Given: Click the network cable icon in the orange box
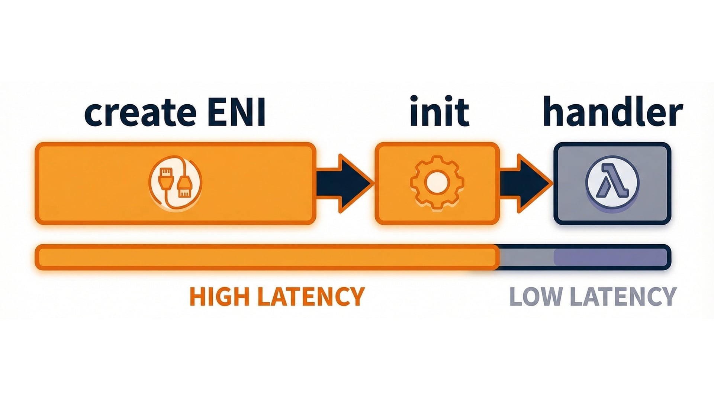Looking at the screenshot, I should coord(175,183).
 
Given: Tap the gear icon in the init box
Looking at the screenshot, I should coord(437,183).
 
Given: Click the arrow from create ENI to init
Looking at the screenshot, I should coord(344,183).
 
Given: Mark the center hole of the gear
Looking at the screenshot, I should coord(437,183).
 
